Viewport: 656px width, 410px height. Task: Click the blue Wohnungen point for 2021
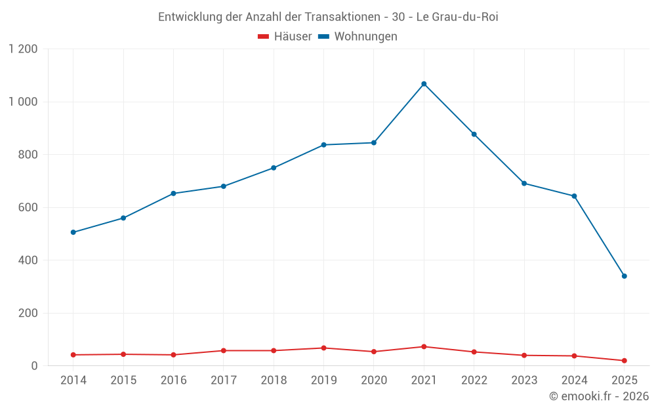click(424, 84)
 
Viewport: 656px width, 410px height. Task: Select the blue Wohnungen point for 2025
click(624, 276)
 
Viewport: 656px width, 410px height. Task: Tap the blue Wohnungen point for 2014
click(73, 232)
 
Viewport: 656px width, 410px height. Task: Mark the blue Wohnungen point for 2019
click(323, 145)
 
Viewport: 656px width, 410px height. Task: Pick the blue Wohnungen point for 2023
click(524, 184)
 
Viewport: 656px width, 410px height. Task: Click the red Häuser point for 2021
click(424, 346)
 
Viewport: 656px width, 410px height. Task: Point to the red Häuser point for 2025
click(624, 361)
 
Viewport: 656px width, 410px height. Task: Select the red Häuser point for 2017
click(224, 350)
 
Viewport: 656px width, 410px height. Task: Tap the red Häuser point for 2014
click(73, 355)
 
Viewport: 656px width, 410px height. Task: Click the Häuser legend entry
click(285, 37)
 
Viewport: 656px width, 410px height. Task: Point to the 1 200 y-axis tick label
click(24, 49)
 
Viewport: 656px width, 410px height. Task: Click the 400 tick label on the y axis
click(28, 260)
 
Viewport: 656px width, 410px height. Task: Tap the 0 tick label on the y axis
click(35, 366)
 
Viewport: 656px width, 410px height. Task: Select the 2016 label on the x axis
click(173, 380)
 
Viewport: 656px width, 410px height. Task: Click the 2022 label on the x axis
click(474, 380)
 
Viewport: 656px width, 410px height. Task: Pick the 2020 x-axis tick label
click(374, 380)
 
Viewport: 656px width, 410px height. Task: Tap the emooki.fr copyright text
click(599, 396)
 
